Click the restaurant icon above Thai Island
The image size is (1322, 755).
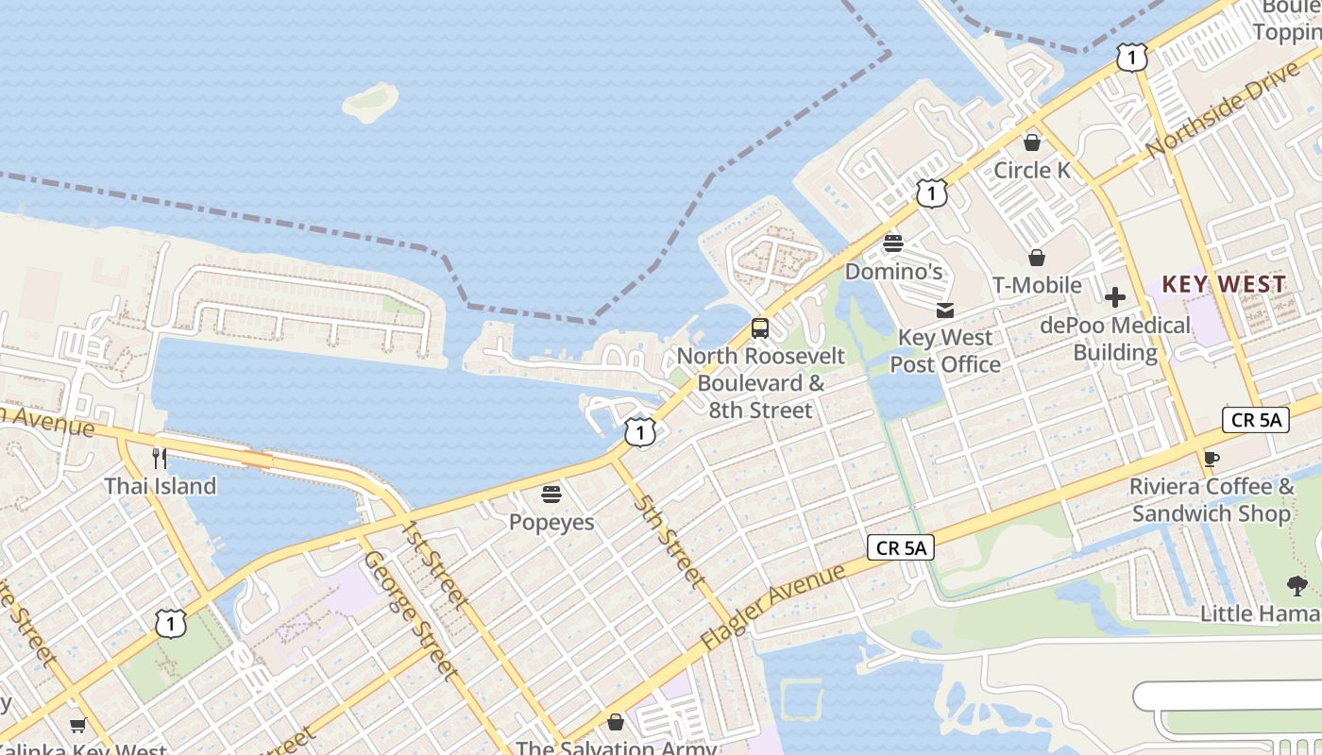point(160,459)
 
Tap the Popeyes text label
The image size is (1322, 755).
point(551,522)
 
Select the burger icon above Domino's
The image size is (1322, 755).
point(893,243)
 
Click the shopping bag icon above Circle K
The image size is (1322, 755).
point(1032,143)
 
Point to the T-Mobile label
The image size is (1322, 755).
point(1037,285)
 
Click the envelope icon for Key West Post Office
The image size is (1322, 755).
point(945,310)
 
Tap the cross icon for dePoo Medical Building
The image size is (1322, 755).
point(1115,298)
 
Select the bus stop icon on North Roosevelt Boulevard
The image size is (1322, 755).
point(760,328)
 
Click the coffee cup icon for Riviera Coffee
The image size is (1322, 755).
point(1212,460)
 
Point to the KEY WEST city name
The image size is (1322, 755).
point(1224,284)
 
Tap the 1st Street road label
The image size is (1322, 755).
point(433,563)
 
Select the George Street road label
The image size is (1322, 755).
point(412,615)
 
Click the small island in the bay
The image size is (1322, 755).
point(370,101)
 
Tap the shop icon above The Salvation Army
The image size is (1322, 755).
point(616,722)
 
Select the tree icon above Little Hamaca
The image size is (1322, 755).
point(1297,586)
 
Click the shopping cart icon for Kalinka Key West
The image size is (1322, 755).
point(77,725)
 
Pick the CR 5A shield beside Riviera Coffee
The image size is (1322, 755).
point(1255,420)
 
